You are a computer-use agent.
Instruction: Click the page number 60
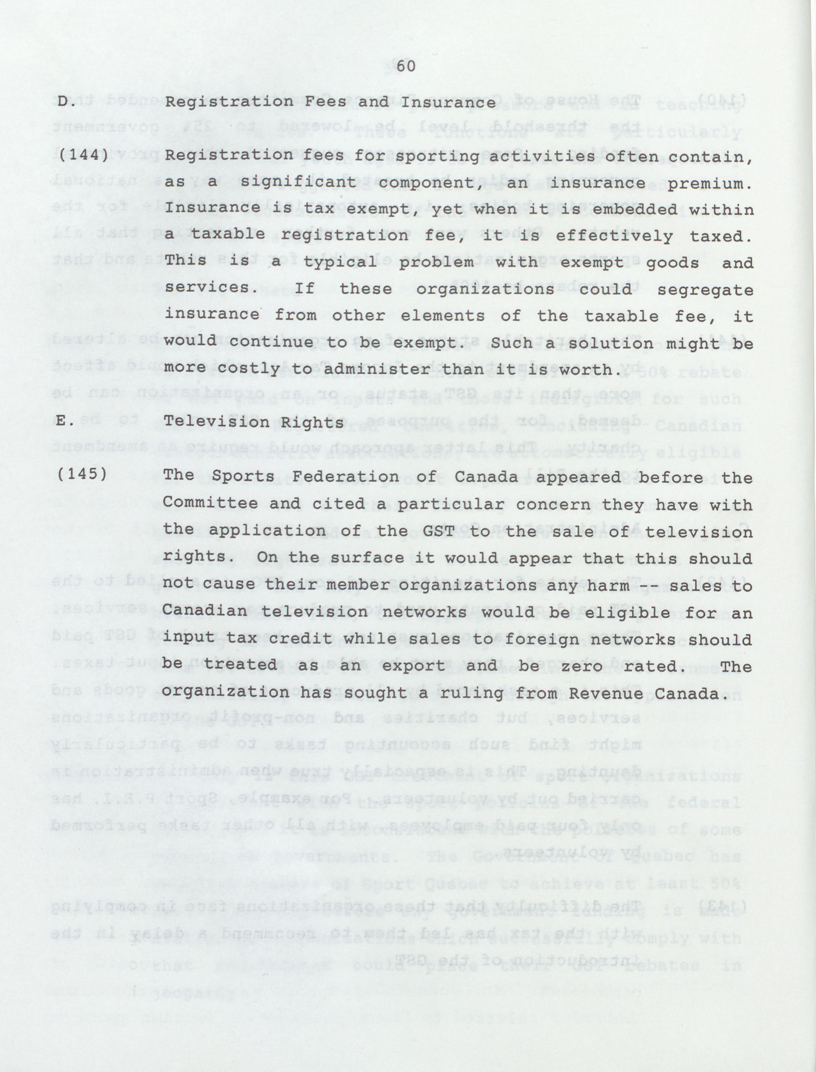406,67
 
